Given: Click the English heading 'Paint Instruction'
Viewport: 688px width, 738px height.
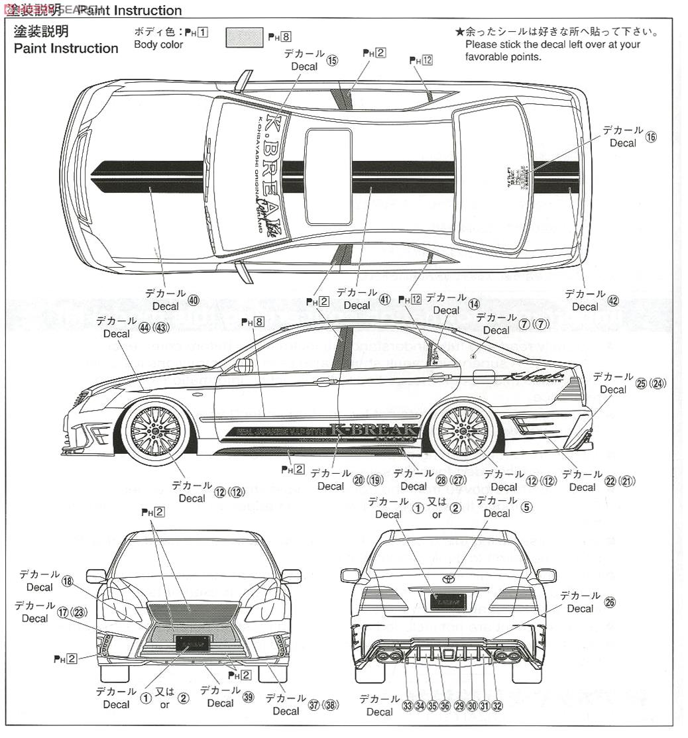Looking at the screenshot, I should pyautogui.click(x=66, y=48).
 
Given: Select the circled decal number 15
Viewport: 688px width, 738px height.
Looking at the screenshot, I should pyautogui.click(x=332, y=61).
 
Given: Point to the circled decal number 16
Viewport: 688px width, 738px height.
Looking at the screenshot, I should pyautogui.click(x=651, y=137).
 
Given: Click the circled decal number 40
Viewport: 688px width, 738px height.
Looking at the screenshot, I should pyautogui.click(x=194, y=300).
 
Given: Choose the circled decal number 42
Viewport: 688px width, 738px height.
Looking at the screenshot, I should pyautogui.click(x=612, y=301).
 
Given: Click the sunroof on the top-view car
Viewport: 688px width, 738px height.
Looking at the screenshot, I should pyautogui.click(x=328, y=176).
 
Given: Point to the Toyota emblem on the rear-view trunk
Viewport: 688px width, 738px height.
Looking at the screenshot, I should pyautogui.click(x=449, y=578).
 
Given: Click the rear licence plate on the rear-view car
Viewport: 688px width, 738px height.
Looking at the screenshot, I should pyautogui.click(x=449, y=602).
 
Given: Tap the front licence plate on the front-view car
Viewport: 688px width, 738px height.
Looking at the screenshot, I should pyautogui.click(x=192, y=643).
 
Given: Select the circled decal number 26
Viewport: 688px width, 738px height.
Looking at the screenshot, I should pyautogui.click(x=610, y=602).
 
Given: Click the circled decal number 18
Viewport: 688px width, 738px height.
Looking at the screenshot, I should pyautogui.click(x=67, y=581).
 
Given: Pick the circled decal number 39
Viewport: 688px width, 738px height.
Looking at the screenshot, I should pyautogui.click(x=248, y=698).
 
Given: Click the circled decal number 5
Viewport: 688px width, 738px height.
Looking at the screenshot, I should pyautogui.click(x=526, y=507).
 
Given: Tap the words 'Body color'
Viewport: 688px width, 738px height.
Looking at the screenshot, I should pyautogui.click(x=158, y=45).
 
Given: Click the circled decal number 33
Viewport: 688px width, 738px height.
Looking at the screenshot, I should pyautogui.click(x=407, y=706).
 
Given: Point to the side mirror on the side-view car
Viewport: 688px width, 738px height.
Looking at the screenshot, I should pyautogui.click(x=244, y=365).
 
